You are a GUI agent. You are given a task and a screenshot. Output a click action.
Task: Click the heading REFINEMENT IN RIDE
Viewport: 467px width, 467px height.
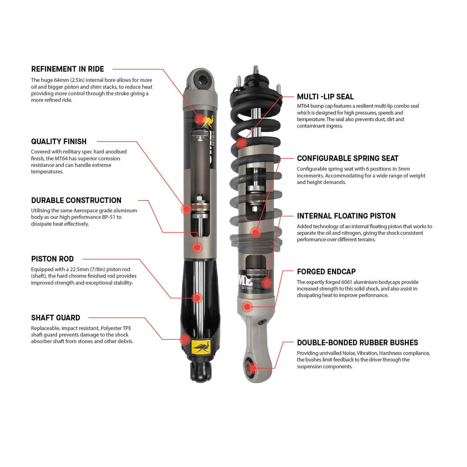click(67, 69)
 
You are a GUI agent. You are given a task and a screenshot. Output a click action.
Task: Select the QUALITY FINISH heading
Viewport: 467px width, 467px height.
click(58, 142)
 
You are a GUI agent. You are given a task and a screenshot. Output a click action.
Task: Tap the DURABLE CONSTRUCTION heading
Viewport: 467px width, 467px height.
click(76, 200)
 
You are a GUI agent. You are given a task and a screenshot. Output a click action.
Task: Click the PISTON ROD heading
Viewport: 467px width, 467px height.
click(52, 259)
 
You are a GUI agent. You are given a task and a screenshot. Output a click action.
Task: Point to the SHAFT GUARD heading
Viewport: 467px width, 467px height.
click(55, 318)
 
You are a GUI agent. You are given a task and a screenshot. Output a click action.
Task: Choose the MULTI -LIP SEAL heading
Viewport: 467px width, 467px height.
click(325, 97)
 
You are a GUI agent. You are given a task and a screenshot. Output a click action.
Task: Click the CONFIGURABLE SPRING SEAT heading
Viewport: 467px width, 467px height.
click(347, 158)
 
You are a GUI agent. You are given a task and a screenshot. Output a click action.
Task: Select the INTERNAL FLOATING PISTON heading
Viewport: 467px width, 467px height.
click(346, 216)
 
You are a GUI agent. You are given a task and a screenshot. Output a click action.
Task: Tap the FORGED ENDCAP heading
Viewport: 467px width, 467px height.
click(326, 272)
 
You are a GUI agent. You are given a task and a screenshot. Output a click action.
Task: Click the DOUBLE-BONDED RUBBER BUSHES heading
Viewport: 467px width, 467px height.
click(357, 343)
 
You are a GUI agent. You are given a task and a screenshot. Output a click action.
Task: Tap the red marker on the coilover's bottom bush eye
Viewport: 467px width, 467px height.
click(252, 367)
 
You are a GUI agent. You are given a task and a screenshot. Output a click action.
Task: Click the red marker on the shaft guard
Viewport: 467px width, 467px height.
click(185, 339)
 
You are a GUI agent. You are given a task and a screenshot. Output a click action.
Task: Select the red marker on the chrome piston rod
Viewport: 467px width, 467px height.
click(197, 297)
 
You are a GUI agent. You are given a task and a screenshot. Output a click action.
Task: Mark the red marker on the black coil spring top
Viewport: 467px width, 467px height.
click(241, 143)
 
